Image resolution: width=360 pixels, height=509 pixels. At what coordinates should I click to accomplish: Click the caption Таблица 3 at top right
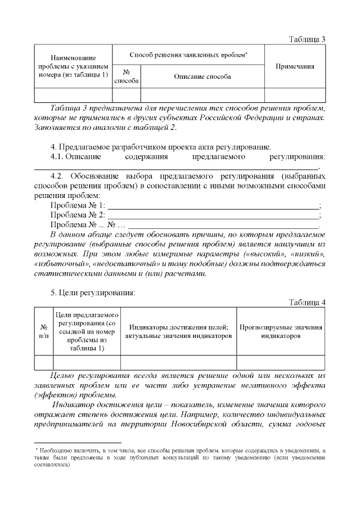click(307, 39)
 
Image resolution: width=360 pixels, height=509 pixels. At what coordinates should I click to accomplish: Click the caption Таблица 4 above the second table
click(307, 303)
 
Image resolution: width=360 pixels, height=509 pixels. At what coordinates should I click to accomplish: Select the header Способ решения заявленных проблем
click(188, 55)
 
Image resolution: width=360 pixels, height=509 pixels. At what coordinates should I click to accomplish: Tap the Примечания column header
click(295, 66)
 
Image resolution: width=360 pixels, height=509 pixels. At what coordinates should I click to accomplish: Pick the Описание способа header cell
click(202, 76)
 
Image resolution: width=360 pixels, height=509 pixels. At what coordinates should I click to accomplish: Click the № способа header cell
click(127, 76)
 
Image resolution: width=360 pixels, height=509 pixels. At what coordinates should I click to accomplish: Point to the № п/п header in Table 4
click(43, 331)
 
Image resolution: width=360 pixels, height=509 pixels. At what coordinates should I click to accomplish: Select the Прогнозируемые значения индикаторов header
click(281, 331)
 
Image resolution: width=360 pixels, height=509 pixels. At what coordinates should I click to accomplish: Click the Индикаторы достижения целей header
click(178, 331)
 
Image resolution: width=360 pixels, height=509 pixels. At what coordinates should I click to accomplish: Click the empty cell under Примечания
click(295, 95)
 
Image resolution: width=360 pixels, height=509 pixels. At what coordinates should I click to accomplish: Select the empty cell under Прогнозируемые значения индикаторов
click(281, 363)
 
